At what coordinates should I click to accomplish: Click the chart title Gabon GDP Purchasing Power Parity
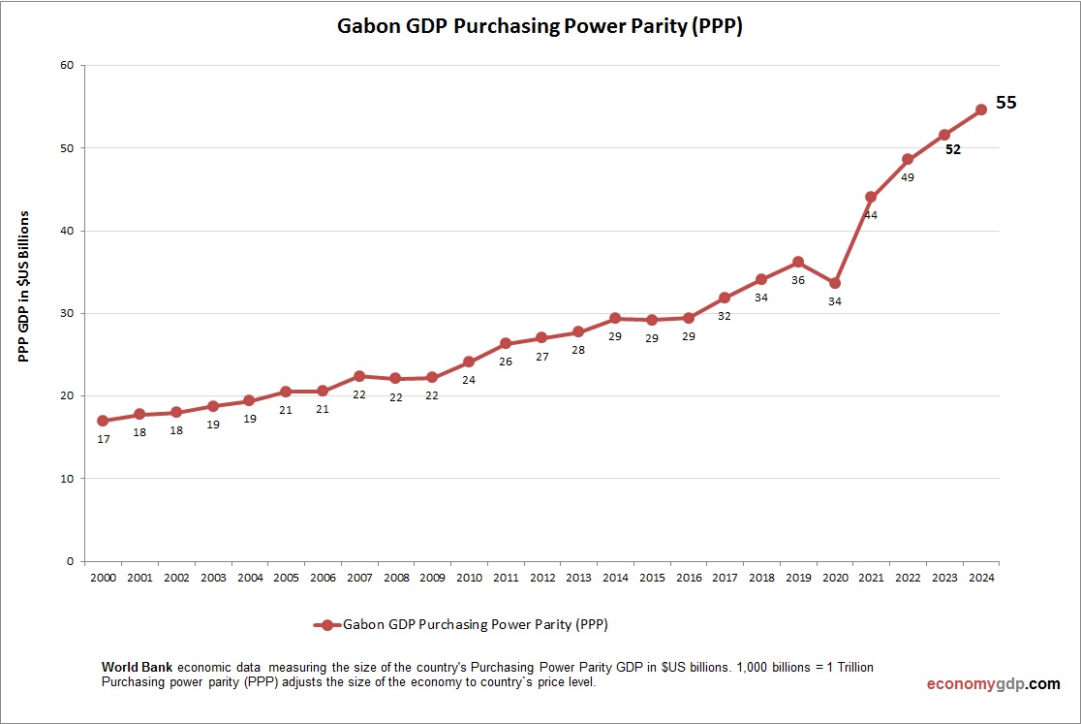point(540,26)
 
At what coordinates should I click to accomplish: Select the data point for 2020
point(834,283)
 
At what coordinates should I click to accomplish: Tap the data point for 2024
point(980,110)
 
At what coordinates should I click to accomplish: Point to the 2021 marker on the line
point(871,197)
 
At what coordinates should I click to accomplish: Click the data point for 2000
point(103,421)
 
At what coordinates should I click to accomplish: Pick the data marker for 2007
point(358,376)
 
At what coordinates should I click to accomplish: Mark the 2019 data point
point(797,262)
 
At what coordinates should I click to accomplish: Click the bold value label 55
point(1006,102)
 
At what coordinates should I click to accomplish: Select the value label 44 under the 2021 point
point(871,215)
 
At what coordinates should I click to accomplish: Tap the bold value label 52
point(953,149)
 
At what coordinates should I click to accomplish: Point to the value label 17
point(104,439)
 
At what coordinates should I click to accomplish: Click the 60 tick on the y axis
point(67,65)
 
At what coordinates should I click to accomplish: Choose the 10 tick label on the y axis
point(67,479)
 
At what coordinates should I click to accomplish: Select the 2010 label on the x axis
point(469,578)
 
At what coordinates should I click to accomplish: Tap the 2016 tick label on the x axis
point(688,578)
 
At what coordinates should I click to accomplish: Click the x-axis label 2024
point(980,578)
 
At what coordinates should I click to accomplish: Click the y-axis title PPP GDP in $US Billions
point(25,286)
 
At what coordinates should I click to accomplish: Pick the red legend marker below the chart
point(327,625)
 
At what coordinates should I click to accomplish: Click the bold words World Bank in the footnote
point(138,668)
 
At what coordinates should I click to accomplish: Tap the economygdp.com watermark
point(993,683)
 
